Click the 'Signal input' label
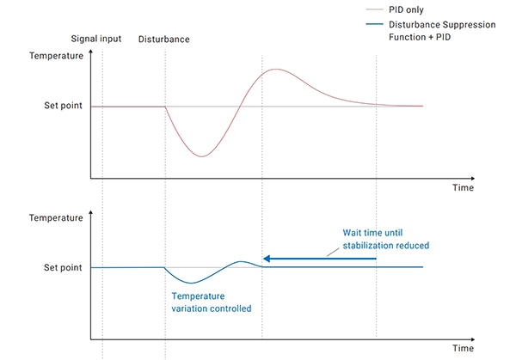tap(95, 39)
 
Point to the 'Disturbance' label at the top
tap(163, 39)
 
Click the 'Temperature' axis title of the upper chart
tap(56, 56)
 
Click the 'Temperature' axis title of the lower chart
tap(56, 218)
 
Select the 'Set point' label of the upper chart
tap(64, 106)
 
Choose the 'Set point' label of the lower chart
tap(64, 267)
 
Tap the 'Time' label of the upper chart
tap(463, 187)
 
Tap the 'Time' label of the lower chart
tap(463, 348)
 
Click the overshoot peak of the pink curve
tap(274, 69)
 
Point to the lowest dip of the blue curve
tap(192, 283)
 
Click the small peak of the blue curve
tap(242, 261)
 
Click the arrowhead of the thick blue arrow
tap(267, 258)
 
